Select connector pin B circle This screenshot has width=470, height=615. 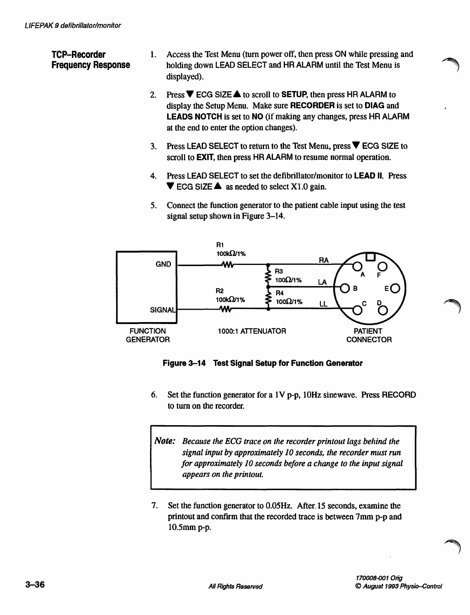[x=344, y=289]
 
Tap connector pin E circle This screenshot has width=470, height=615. [x=395, y=289]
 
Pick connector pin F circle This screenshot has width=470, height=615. [x=382, y=266]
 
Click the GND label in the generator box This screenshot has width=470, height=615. [x=163, y=265]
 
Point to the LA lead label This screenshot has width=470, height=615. [x=323, y=282]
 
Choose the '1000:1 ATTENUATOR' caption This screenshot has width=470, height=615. [x=252, y=331]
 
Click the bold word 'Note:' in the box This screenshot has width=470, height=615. [x=165, y=441]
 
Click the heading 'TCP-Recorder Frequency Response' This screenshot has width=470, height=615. [x=90, y=60]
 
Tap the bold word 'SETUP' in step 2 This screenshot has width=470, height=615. [x=295, y=95]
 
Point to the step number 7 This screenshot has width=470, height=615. [x=154, y=506]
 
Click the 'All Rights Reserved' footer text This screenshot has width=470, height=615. [x=235, y=587]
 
